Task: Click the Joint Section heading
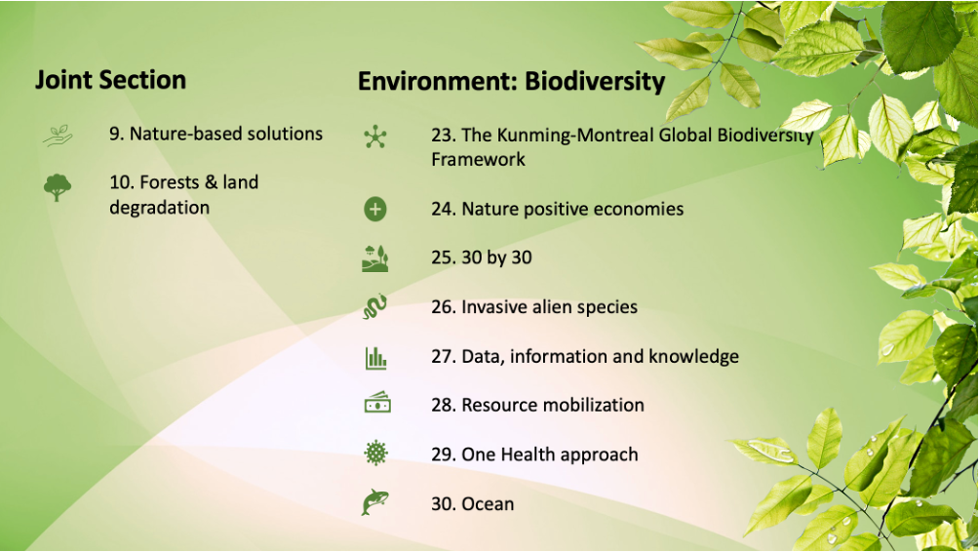click(110, 80)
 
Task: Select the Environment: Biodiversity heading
click(511, 82)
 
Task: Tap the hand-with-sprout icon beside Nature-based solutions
click(58, 135)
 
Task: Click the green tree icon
click(58, 187)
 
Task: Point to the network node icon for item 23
click(375, 137)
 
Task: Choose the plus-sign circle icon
click(375, 209)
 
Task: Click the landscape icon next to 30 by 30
click(375, 257)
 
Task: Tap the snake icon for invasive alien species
click(375, 307)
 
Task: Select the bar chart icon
click(375, 357)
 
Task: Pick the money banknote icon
click(377, 404)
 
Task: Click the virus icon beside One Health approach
click(375, 453)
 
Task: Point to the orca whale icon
click(375, 502)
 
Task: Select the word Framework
click(478, 160)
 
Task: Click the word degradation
click(159, 208)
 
